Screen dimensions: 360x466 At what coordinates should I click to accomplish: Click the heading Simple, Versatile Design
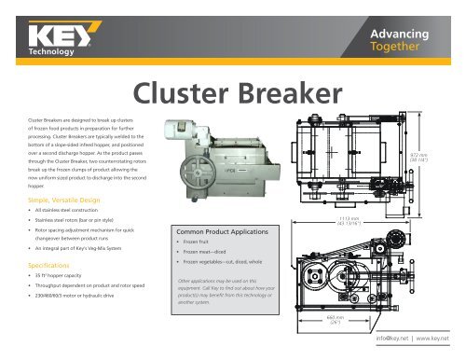[x=60, y=200]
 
